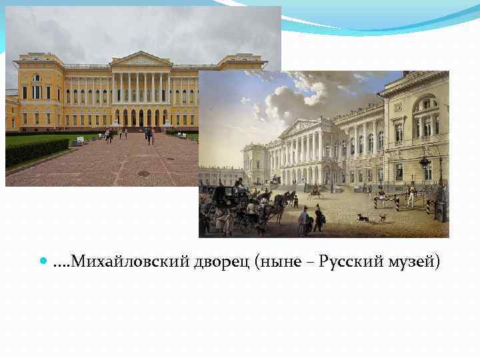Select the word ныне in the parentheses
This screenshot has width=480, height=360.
pyautogui.click(x=273, y=262)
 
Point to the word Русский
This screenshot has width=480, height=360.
pyautogui.click(x=347, y=262)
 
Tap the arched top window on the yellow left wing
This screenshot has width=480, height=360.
pyautogui.click(x=37, y=78)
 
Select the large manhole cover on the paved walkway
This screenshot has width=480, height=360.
pyautogui.click(x=143, y=173)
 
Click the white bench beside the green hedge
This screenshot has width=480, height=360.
pyautogui.click(x=80, y=141)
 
